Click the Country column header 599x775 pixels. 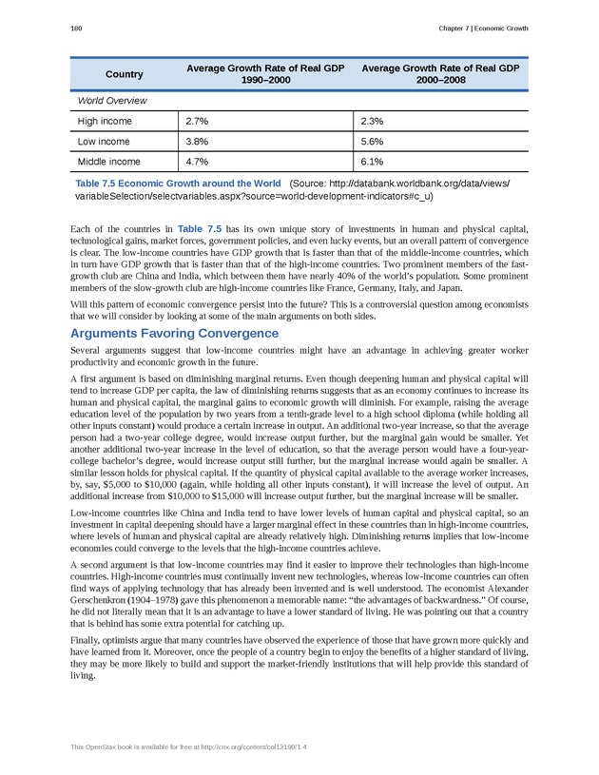click(125, 74)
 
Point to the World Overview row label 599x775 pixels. click(111, 100)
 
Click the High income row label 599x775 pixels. click(105, 122)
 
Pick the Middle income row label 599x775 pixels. click(108, 162)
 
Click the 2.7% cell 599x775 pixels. click(197, 122)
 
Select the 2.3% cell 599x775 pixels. click(372, 122)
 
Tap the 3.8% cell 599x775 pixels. click(197, 142)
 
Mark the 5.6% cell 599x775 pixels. click(372, 142)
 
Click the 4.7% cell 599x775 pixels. click(197, 162)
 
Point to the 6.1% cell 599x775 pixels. click(372, 162)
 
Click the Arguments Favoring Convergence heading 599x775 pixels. click(174, 333)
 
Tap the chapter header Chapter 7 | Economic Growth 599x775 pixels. click(483, 29)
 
